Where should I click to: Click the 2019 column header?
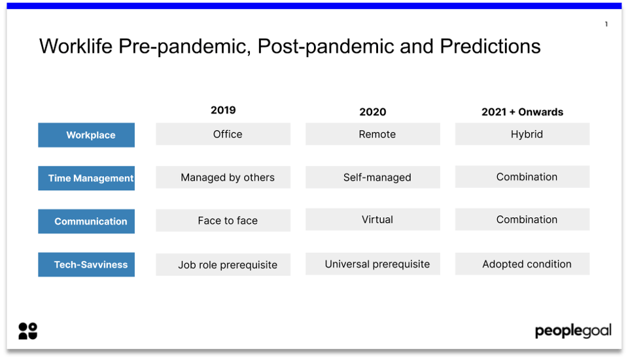click(x=223, y=111)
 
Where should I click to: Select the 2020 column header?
click(x=372, y=112)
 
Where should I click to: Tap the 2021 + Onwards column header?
click(x=522, y=112)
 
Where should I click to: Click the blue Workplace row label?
click(x=86, y=135)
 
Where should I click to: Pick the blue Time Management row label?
click(x=86, y=178)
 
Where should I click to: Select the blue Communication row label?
click(x=86, y=221)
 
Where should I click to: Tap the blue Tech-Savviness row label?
click(x=86, y=265)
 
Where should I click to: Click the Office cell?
click(x=223, y=134)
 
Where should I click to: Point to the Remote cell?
click(x=373, y=134)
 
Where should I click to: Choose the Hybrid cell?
click(x=522, y=134)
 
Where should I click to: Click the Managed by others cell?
click(x=223, y=177)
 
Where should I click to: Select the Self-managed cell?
click(x=373, y=177)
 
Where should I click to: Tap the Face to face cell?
click(x=223, y=221)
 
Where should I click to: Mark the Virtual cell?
click(x=373, y=220)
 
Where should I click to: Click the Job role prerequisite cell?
click(x=223, y=265)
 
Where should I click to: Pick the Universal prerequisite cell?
click(x=373, y=264)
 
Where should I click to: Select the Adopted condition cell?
click(x=522, y=264)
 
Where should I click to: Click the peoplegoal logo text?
click(x=573, y=331)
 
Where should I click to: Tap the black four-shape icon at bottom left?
click(x=27, y=331)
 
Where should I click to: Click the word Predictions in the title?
click(x=490, y=46)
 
